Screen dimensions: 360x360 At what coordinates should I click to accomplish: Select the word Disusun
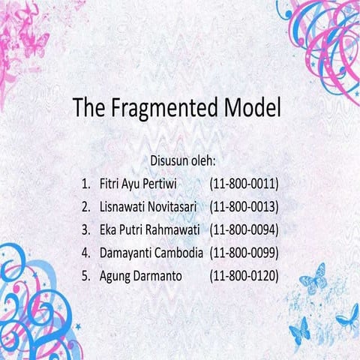172,160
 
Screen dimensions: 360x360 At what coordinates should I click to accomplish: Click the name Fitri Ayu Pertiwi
142,183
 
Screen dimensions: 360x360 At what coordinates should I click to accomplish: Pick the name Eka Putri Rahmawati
149,229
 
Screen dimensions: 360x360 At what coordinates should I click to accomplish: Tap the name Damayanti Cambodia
151,253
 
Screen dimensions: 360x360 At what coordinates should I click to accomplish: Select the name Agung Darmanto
141,276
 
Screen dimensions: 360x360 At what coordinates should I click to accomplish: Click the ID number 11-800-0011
244,183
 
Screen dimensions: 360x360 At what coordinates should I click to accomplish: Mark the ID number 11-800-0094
244,229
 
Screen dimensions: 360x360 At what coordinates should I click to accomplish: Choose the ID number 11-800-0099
244,253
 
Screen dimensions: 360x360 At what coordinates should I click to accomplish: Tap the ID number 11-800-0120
244,276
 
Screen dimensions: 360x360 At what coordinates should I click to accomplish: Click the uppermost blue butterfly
312,278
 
